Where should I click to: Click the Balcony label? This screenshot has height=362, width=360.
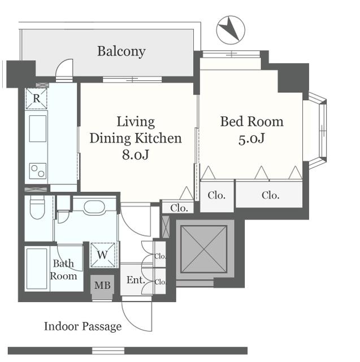[122, 51]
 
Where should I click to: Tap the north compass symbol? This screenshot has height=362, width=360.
[231, 30]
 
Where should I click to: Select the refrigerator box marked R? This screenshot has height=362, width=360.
[36, 98]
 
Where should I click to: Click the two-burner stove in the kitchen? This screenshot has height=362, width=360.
[38, 171]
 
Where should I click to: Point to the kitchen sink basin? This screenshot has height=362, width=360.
[38, 128]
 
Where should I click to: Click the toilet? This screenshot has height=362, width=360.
[37, 208]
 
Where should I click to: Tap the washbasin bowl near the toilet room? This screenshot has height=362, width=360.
[94, 207]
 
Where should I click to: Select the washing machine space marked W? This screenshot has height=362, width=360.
[103, 255]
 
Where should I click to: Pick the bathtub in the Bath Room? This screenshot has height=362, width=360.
[37, 269]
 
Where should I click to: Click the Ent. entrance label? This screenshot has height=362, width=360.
[136, 281]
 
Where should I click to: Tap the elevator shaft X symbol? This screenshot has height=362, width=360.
[204, 249]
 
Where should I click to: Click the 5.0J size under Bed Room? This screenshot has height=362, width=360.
[251, 139]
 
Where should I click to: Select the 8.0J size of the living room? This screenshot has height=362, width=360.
[136, 154]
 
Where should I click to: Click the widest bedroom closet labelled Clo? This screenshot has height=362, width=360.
[269, 195]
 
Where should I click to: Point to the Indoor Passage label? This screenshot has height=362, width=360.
[83, 327]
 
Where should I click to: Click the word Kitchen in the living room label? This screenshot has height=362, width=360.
[158, 138]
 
